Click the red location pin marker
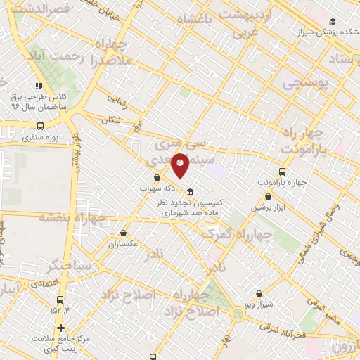[181, 165]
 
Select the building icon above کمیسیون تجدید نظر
[191, 192]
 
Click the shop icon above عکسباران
[124, 233]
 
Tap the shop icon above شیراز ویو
[259, 293]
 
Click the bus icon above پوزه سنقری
[40, 127]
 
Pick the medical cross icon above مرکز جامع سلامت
[61, 328]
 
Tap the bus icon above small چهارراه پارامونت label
[283, 172]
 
